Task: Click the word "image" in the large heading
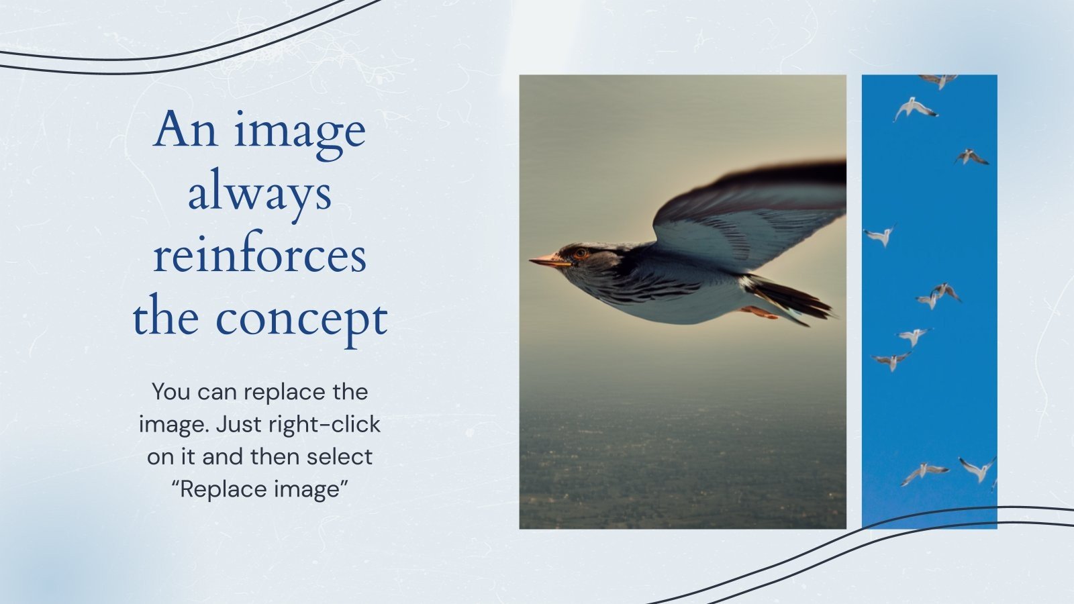pyautogui.click(x=299, y=132)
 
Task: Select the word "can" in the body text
pyautogui.click(x=218, y=392)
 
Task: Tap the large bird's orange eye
pyautogui.click(x=580, y=254)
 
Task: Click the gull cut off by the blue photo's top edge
pyautogui.click(x=938, y=80)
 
